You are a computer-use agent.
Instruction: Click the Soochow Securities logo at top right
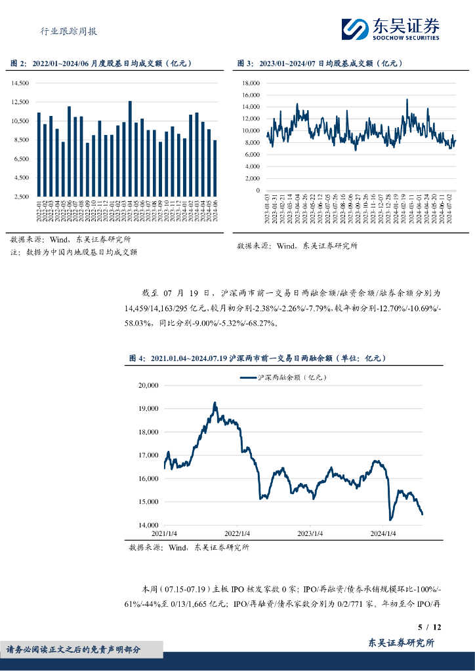[x=390, y=28]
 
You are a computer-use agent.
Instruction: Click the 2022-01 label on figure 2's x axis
[x=39, y=213]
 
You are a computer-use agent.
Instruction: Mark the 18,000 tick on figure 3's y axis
[x=251, y=83]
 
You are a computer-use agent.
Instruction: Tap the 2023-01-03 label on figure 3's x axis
[x=267, y=208]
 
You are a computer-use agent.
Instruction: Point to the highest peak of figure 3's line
[x=407, y=100]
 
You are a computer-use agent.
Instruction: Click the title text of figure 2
[x=101, y=64]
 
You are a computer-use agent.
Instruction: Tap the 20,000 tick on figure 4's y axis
[x=150, y=385]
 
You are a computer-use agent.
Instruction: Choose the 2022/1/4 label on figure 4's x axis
[x=237, y=533]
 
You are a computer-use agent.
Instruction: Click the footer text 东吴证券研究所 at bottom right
[x=400, y=643]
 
